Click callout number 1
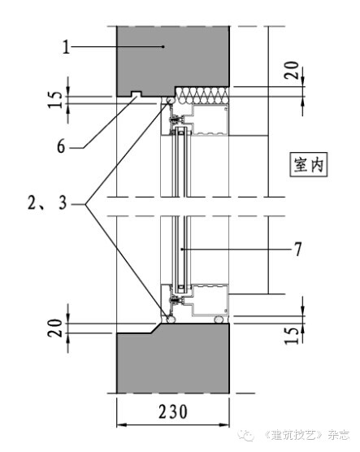coord(67,47)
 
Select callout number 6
coord(61,146)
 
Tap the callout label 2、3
coord(47,202)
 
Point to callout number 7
coord(298,249)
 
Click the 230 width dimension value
coord(173,411)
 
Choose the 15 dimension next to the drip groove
coord(55,99)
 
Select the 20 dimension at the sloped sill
coord(55,328)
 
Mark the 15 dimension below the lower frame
coord(292,336)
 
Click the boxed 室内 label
coord(309,164)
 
